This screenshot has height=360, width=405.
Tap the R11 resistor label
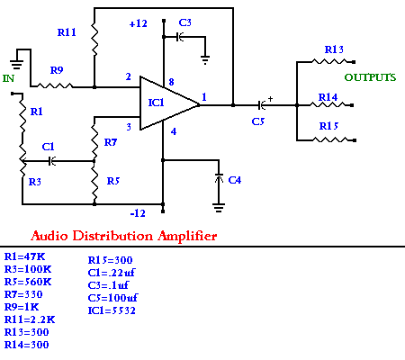click(67, 32)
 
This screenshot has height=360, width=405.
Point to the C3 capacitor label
click(185, 22)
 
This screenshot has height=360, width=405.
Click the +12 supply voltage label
click(138, 23)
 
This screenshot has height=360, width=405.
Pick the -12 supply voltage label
click(138, 213)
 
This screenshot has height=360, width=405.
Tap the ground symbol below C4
click(219, 207)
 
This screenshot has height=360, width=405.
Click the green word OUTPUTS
click(370, 77)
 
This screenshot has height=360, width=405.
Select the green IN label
click(8, 78)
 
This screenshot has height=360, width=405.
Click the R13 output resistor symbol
click(330, 61)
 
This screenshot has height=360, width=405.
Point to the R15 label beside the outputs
click(328, 126)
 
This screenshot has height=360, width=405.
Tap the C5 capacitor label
click(258, 121)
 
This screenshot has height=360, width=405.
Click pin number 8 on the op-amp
click(171, 82)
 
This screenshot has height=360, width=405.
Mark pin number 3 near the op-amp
click(129, 127)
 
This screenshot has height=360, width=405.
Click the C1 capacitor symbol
click(52, 161)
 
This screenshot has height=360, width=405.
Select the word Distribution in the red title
click(112, 236)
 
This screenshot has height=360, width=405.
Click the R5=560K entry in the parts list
click(28, 282)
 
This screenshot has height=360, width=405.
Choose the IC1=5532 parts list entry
click(112, 310)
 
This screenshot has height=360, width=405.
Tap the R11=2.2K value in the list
click(30, 319)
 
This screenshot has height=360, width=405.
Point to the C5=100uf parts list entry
click(112, 298)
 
